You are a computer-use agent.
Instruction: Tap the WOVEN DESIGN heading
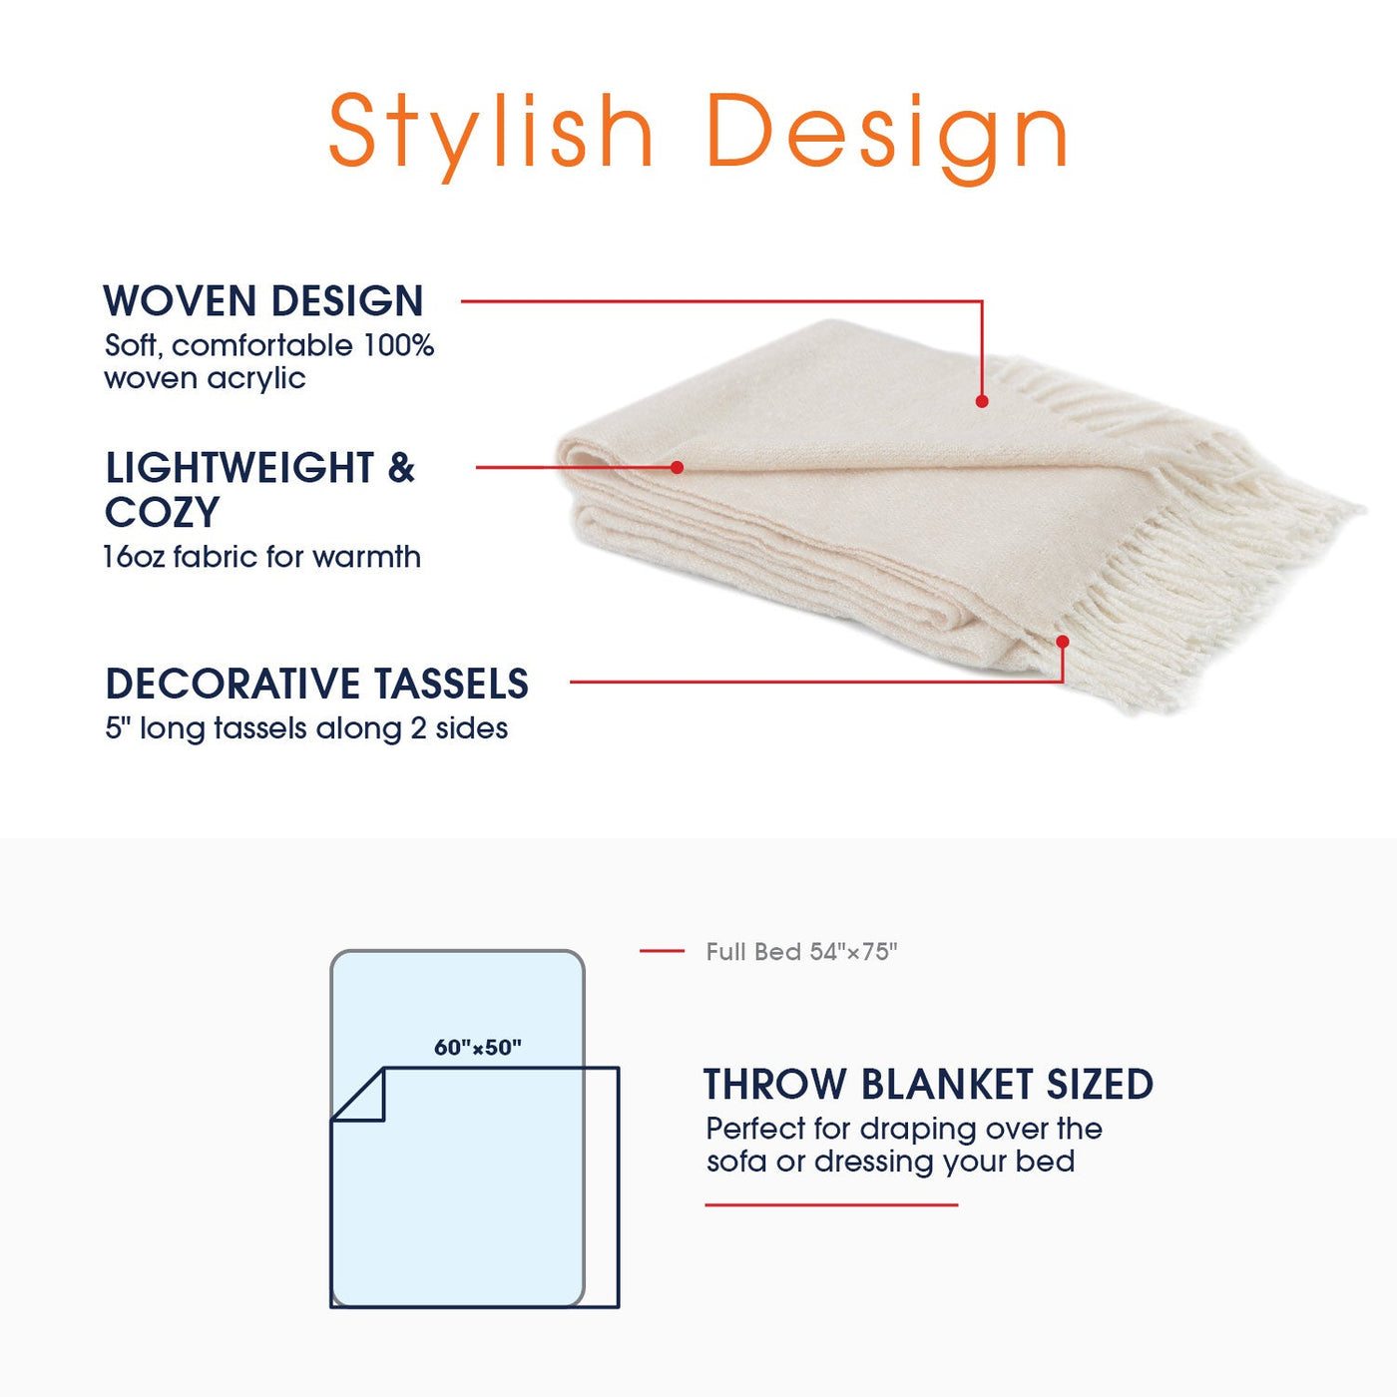click(x=263, y=301)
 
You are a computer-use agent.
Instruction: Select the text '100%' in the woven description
click(x=398, y=345)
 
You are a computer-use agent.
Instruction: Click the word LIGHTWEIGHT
click(x=239, y=468)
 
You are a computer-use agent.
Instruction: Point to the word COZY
click(x=162, y=513)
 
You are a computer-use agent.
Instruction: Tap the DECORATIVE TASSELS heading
click(x=316, y=684)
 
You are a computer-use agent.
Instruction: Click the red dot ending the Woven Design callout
click(x=982, y=401)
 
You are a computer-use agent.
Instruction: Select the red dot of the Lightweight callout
click(x=678, y=468)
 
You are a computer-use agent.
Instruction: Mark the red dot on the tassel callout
click(x=1063, y=642)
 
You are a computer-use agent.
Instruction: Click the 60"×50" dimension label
click(x=478, y=1048)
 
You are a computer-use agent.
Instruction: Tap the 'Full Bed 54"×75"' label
click(x=802, y=952)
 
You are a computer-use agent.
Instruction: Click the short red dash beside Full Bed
click(x=662, y=951)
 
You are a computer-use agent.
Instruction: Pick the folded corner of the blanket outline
click(x=358, y=1095)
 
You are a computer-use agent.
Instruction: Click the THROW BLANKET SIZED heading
click(x=928, y=1085)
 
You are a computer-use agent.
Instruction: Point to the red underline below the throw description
click(x=831, y=1204)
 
